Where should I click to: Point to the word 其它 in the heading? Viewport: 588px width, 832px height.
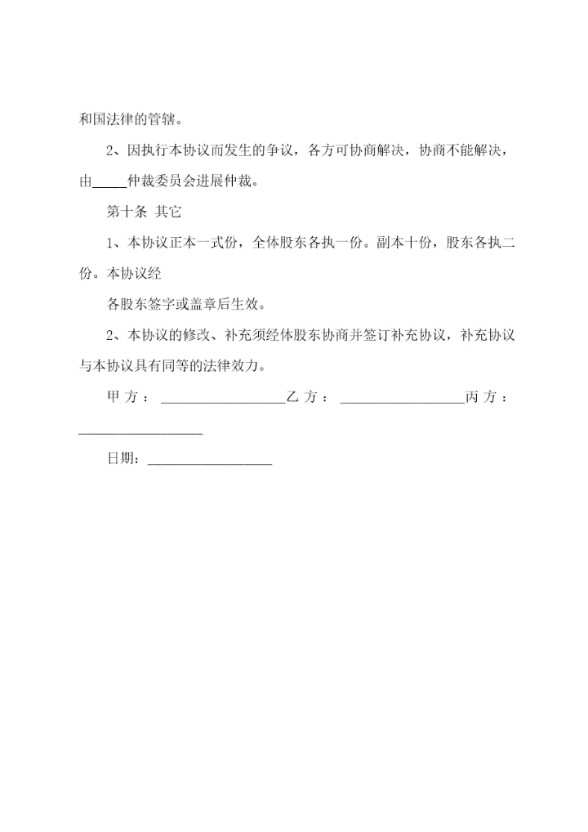[168, 212]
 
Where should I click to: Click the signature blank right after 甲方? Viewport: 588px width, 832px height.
[223, 400]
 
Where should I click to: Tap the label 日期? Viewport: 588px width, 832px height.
[122, 458]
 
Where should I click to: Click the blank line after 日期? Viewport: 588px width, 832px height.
[210, 462]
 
